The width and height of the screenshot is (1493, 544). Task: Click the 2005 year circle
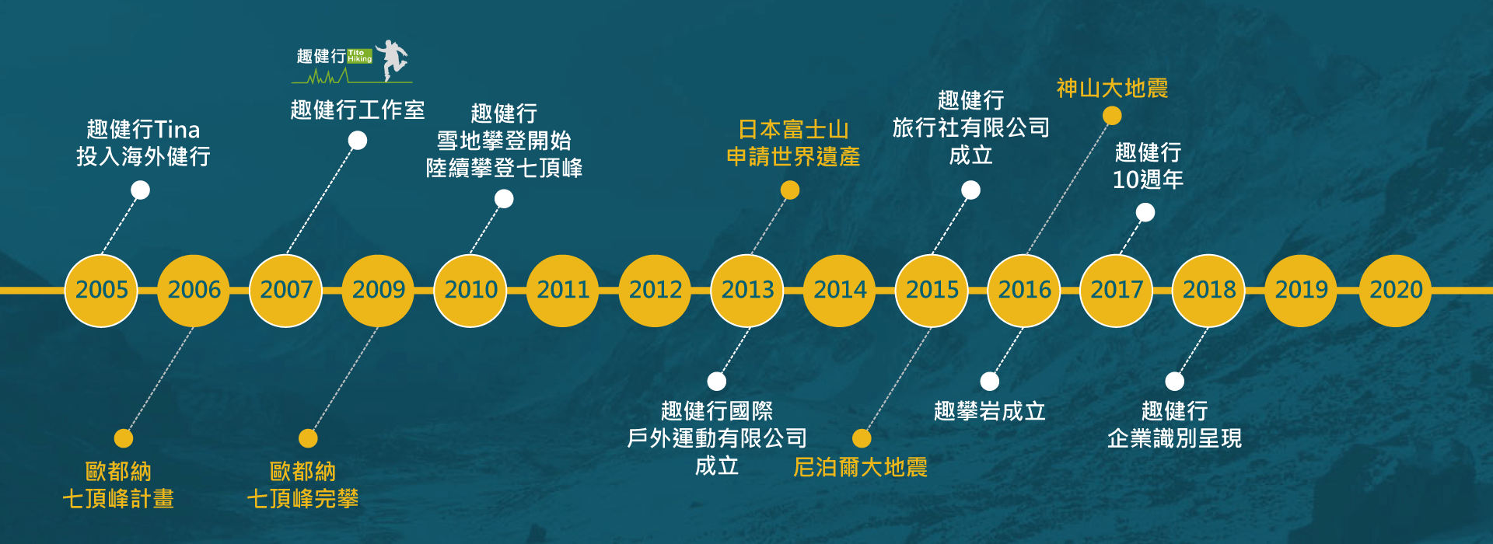point(101,291)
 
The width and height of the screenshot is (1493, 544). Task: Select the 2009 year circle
point(378,291)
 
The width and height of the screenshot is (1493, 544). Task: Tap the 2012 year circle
point(655,291)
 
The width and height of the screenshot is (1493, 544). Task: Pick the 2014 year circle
point(840,291)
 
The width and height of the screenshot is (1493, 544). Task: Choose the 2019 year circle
point(1301,291)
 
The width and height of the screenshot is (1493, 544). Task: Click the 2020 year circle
point(1395,291)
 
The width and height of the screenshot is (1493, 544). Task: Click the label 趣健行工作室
point(358,110)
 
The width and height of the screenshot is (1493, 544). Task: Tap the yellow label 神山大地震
point(1112,89)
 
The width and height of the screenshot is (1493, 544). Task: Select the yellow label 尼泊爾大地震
point(860,467)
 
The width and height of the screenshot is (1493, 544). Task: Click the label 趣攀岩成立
point(989,411)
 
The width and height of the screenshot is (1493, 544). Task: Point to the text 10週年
point(1148,180)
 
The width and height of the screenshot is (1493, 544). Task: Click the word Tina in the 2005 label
point(177,129)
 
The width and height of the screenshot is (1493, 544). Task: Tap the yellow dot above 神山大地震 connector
point(1112,116)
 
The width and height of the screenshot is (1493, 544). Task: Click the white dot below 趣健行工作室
point(358,141)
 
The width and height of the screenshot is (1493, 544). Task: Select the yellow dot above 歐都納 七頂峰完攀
point(308,438)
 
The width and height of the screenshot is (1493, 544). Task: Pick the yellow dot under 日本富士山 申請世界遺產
point(790,190)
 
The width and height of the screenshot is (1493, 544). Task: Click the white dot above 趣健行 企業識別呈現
point(1174,382)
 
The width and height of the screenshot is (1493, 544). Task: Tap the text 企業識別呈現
point(1174,438)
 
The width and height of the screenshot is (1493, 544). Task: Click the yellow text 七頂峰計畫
point(118,499)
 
